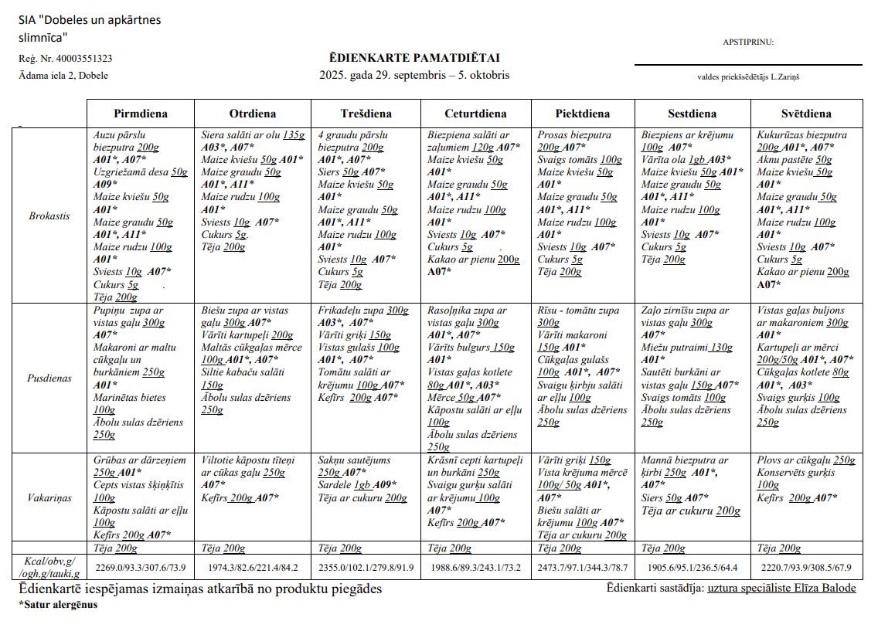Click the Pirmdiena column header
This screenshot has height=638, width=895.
click(x=141, y=114)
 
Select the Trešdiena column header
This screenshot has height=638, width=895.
click(x=366, y=114)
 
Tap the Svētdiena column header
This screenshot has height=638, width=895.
click(x=805, y=114)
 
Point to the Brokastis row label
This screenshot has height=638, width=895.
click(x=49, y=216)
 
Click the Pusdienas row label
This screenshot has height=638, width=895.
click(x=49, y=378)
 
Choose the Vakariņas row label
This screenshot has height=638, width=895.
click(x=49, y=497)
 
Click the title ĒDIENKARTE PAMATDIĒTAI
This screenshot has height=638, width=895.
click(x=414, y=58)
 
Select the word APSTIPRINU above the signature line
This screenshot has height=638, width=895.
click(x=748, y=42)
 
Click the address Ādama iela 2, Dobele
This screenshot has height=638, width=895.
click(x=63, y=76)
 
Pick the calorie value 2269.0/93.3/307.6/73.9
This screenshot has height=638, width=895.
click(x=141, y=568)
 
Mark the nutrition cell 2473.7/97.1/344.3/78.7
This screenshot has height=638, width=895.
click(x=584, y=568)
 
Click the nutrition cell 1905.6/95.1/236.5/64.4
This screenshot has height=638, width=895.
click(x=693, y=568)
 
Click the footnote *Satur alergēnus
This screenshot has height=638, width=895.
click(x=58, y=604)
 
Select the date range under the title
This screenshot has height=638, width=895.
click(x=414, y=76)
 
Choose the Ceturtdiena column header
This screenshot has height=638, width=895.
click(x=475, y=114)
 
